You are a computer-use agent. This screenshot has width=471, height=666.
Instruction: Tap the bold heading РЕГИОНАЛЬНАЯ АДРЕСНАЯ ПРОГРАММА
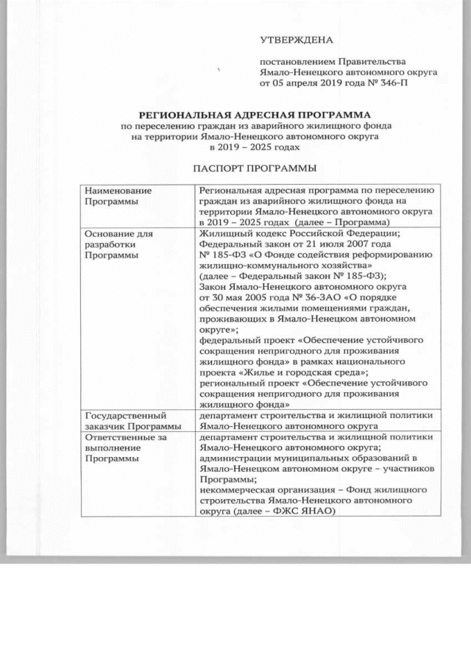point(256,116)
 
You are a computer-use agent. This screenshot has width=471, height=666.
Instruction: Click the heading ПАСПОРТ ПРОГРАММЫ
point(256,169)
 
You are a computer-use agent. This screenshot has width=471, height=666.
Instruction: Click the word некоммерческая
point(235,489)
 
